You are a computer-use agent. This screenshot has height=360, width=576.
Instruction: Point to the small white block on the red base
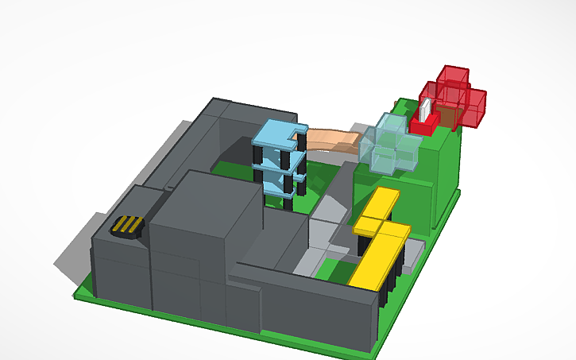click(426, 110)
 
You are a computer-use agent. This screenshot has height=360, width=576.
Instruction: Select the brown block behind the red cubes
click(448, 118)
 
